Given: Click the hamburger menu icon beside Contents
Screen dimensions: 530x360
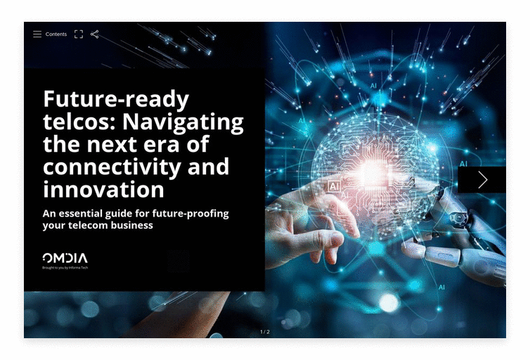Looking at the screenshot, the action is tap(37, 34).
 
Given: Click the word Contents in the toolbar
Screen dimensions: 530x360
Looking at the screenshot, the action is tap(56, 34).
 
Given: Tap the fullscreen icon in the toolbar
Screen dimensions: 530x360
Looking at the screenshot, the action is tap(79, 34).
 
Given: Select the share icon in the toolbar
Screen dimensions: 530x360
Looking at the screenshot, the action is tap(95, 34).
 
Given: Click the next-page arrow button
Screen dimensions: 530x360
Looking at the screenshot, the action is tap(482, 179).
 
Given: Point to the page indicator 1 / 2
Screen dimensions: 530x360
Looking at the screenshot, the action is tap(265, 332).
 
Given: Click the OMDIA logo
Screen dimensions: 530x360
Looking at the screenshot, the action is tap(65, 258).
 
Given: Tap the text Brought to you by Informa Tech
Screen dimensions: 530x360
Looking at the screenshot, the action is tap(65, 268).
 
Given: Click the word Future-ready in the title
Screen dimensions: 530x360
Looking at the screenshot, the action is tap(116, 99).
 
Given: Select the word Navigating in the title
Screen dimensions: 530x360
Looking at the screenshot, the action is tap(183, 122).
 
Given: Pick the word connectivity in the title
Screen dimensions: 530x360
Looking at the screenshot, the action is tap(112, 167).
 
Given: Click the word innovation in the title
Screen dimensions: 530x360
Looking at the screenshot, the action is tap(103, 189).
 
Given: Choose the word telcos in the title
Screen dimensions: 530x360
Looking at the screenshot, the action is tap(79, 122).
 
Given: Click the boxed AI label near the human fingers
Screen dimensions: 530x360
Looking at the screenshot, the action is tap(334, 186).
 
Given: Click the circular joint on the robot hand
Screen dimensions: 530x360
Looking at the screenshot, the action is tap(458, 217).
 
